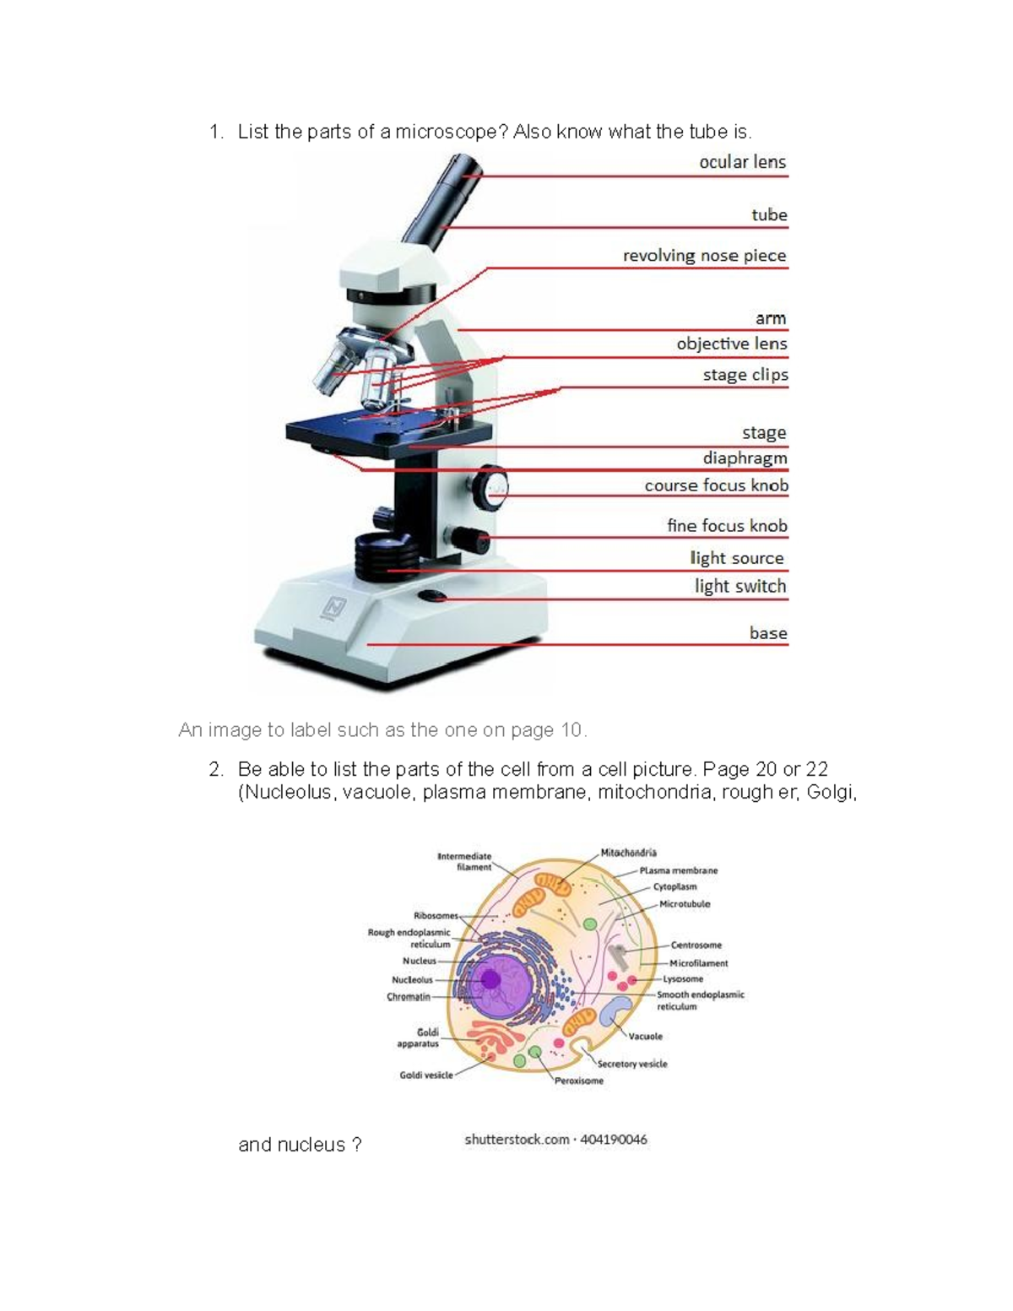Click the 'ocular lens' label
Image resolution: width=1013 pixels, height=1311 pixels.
click(742, 162)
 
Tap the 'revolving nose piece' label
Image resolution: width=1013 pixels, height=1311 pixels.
click(704, 256)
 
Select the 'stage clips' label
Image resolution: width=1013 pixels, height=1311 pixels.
click(745, 375)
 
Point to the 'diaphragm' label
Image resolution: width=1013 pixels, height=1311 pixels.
click(745, 458)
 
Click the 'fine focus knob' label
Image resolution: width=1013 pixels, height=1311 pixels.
click(726, 526)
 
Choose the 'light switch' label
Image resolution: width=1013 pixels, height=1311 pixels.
click(739, 587)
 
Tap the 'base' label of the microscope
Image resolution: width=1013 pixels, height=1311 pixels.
click(767, 633)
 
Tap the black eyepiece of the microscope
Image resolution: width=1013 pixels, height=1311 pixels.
click(450, 181)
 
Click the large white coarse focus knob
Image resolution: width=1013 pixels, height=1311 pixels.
click(490, 487)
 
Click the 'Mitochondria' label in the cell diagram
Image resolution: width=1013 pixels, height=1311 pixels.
click(628, 853)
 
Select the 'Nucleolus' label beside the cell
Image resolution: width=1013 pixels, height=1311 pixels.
click(412, 980)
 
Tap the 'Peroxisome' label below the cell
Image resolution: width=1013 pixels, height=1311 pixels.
click(579, 1081)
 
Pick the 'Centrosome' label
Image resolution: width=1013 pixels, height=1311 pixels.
click(696, 945)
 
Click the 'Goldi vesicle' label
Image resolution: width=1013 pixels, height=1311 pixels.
click(426, 1075)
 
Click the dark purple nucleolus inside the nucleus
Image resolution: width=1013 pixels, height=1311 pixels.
click(490, 979)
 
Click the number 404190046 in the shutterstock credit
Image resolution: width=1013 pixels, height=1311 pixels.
click(614, 1140)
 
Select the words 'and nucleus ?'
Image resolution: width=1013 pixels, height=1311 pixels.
click(300, 1146)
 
